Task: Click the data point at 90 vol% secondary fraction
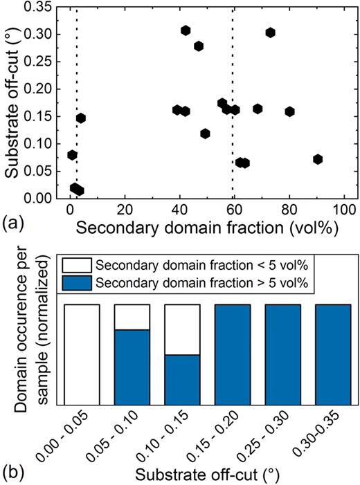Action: [x=318, y=159]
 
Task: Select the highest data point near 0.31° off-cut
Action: [x=186, y=30]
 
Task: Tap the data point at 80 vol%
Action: [x=289, y=111]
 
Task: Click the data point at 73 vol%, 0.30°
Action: [x=270, y=33]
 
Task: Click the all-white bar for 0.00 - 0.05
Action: [x=82, y=354]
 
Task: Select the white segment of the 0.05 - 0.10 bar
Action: [x=132, y=317]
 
